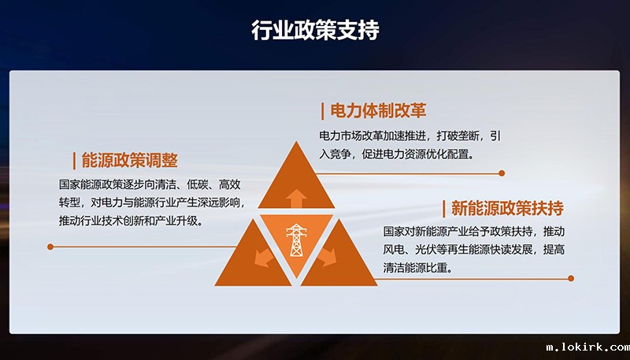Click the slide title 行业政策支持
pos(315,31)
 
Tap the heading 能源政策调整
pos(130,161)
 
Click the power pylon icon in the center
pos(297,240)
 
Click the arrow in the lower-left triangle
pos(259,257)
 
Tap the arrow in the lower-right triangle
pos(332,257)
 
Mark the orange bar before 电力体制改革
pos(323,110)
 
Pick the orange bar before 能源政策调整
pos(74,161)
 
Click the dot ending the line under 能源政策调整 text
pos(50,247)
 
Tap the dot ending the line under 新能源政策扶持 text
pos(571,278)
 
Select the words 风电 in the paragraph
pos(393,250)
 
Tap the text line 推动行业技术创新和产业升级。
pos(131,221)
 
